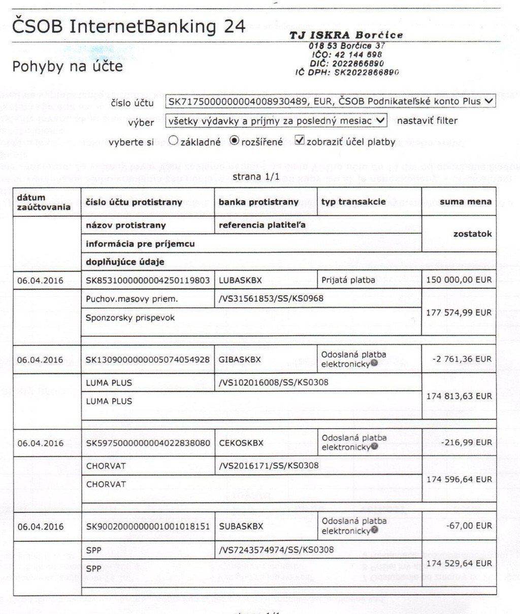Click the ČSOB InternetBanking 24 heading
coord(129,26)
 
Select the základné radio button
coord(174,141)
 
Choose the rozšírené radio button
coord(234,141)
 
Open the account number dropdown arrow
coord(489,101)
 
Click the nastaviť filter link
coord(427,121)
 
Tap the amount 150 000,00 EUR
coord(459,280)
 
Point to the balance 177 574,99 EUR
coord(459,312)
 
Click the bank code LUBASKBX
coord(240,280)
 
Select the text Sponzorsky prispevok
coord(130,318)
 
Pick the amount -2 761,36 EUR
coord(462,359)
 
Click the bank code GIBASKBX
coord(240,360)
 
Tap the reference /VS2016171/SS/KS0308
coord(269,465)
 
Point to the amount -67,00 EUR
coord(469,526)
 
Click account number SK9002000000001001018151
coord(148,527)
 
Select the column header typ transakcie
coord(353,202)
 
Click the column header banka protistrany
coord(258,202)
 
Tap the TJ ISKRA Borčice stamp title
coord(346,35)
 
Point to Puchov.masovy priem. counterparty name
coord(132,299)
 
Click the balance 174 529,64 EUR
coord(459,563)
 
